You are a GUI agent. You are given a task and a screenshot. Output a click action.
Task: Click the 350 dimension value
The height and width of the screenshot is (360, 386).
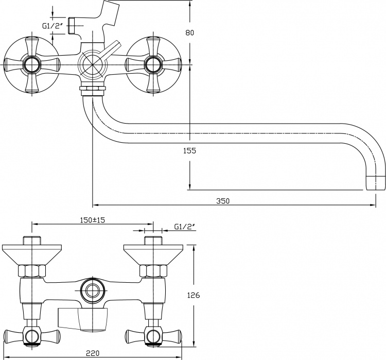click(x=223, y=201)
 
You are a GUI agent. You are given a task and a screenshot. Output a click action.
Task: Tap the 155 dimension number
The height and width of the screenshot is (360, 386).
click(x=189, y=150)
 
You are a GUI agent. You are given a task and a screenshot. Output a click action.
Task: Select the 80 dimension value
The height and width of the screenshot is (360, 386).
click(x=189, y=32)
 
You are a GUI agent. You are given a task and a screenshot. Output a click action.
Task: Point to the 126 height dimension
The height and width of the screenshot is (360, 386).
click(x=194, y=295)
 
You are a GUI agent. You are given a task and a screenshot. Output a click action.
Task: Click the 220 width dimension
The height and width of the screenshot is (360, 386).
click(x=93, y=353)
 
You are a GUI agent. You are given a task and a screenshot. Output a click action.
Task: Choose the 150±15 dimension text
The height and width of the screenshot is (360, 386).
click(x=93, y=220)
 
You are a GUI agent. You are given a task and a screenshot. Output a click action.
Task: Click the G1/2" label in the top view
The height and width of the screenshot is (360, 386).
click(x=51, y=26)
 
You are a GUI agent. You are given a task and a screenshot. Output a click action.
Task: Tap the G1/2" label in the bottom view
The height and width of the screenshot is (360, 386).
click(x=184, y=227)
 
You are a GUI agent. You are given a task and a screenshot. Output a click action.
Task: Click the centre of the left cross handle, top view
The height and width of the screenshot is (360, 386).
click(x=32, y=65)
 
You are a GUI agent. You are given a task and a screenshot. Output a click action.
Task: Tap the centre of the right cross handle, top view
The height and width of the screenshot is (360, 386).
click(x=153, y=65)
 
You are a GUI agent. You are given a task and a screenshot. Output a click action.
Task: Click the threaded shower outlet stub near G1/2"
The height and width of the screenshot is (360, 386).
click(x=71, y=26)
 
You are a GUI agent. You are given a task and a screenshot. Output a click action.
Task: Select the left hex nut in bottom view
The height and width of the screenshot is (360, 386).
click(x=32, y=271)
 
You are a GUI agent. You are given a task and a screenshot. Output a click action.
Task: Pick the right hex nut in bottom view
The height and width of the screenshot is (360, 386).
click(x=153, y=271)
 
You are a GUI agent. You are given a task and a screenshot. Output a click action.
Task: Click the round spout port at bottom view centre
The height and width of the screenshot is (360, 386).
click(x=93, y=291)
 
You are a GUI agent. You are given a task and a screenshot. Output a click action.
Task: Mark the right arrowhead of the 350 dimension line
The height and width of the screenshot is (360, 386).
click(x=373, y=205)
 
